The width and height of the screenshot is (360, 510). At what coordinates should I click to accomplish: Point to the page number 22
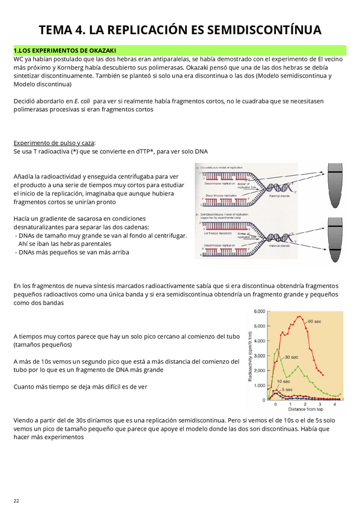point(16,500)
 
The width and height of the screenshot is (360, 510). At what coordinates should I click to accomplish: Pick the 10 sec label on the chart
point(284,381)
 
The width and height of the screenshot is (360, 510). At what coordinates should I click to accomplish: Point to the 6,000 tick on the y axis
point(259,312)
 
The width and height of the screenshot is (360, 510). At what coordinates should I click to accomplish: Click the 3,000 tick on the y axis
point(259,355)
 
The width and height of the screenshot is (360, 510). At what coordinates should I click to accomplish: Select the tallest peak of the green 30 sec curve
point(276,349)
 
